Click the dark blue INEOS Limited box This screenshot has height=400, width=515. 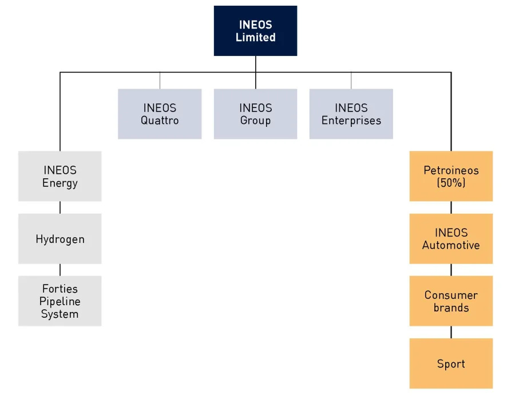point(255,31)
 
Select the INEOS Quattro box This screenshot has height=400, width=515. point(160,114)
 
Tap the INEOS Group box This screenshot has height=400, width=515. point(255,114)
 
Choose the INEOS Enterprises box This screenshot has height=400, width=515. point(351,114)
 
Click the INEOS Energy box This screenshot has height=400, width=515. point(60,176)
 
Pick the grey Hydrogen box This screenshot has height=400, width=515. point(60,239)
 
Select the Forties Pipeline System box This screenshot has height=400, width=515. point(60,301)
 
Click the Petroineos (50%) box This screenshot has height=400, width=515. point(451,176)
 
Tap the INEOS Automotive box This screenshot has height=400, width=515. point(451,239)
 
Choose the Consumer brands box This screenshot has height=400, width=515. point(451,301)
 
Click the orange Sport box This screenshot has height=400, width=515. point(451,363)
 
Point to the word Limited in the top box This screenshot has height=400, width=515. point(255,38)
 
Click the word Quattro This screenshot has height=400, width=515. point(160,121)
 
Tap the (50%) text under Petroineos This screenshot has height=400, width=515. point(451,183)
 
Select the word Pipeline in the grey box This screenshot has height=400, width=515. point(60,301)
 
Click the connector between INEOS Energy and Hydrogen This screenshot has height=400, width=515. point(60,207)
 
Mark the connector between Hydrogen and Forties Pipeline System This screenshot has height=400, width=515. point(60,270)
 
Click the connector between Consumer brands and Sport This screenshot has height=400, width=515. point(451,332)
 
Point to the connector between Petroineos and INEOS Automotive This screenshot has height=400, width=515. point(451,207)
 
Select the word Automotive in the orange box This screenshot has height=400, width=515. point(451,246)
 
